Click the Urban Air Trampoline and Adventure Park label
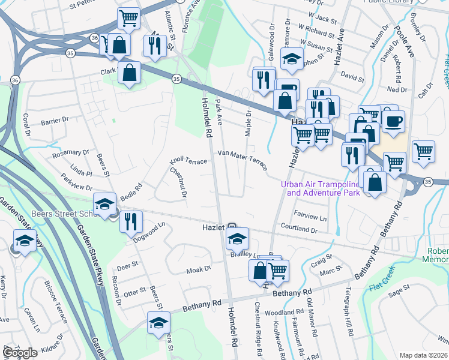coord(323,188)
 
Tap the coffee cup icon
coord(393,122)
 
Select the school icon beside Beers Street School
coord(104,205)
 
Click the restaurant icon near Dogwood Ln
coord(130,221)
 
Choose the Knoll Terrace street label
coord(188,161)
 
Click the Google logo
coord(20,353)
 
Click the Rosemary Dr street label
coord(71,153)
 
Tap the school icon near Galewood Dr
coord(291,59)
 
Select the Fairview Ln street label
coord(310,214)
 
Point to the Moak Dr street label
coord(199,269)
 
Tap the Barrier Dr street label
coord(55,121)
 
